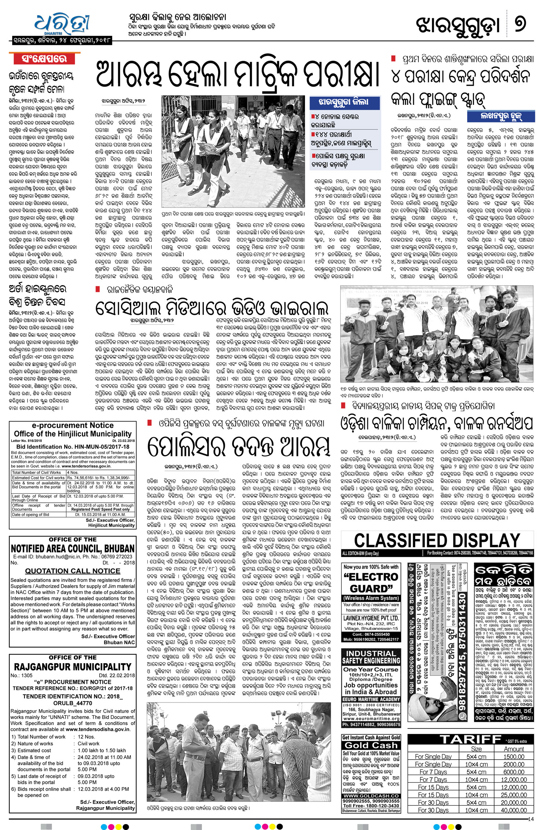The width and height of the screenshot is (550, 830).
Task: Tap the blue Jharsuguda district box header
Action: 343,102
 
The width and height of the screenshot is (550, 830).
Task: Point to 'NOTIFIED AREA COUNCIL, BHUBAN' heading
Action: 73,549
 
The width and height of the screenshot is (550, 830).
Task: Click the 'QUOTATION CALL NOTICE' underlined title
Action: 73,571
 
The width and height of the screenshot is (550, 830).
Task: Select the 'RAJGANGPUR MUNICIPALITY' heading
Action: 73,667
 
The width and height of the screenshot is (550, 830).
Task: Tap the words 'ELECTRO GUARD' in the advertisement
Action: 371,583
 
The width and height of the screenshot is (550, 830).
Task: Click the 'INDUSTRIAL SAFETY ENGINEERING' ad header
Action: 371,657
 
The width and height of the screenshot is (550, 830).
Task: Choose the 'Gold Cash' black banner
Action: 371,745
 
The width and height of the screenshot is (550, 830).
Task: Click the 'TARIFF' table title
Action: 470,739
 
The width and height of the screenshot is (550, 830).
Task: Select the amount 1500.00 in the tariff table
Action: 514,756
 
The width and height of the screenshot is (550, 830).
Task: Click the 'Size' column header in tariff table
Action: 476,749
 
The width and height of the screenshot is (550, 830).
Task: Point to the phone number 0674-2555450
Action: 371,634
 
